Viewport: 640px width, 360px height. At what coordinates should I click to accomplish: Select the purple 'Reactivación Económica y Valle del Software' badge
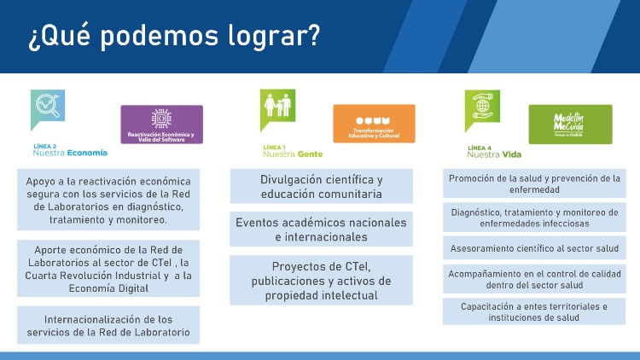pos(161,124)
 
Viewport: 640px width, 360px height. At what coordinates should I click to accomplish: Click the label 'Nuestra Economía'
pos(70,154)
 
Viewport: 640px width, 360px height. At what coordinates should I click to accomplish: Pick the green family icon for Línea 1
pos(277,107)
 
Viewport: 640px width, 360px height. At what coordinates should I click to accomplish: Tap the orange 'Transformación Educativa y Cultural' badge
pos(374,124)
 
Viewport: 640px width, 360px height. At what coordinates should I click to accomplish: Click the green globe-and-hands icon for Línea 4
pos(482,107)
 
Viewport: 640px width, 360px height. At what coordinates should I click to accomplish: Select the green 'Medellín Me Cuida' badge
pos(570,124)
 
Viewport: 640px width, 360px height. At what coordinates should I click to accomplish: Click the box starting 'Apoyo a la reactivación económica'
pos(108,200)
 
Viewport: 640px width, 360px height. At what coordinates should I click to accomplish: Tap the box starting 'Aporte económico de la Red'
pos(108,268)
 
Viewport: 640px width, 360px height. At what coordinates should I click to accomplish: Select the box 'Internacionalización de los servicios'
pos(108,325)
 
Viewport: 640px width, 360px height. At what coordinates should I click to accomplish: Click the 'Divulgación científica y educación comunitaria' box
pos(321,187)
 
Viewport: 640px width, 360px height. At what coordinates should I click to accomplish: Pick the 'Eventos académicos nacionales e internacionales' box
pos(321,229)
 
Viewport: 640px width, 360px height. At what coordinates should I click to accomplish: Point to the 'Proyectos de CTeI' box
pos(321,280)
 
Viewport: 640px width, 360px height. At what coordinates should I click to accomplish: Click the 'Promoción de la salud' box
pos(534,183)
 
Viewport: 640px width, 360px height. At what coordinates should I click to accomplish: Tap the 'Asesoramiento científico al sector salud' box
pos(534,248)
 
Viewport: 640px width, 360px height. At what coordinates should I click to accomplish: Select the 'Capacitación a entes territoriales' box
pos(534,311)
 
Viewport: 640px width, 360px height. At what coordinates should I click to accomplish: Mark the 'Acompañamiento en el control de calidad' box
pos(534,279)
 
